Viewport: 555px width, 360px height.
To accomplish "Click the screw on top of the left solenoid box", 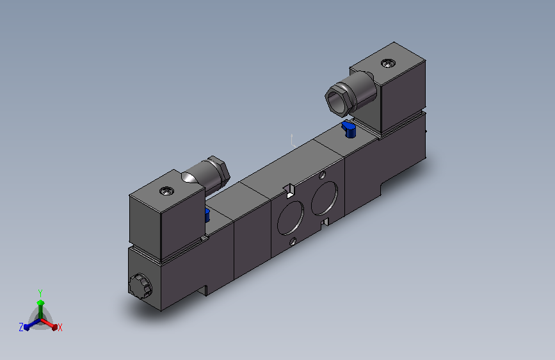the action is [166, 192].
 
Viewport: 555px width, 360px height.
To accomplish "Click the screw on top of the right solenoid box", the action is [388, 63].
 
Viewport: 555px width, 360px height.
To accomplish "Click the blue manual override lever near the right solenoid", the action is [349, 129].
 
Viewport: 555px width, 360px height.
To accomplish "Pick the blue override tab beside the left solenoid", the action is [207, 215].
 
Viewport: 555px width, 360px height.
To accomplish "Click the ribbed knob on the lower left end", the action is [140, 286].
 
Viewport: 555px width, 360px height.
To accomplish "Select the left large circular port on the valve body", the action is [291, 218].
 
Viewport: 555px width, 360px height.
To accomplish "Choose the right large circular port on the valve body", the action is [325, 198].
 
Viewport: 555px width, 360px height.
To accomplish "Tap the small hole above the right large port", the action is [323, 175].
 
